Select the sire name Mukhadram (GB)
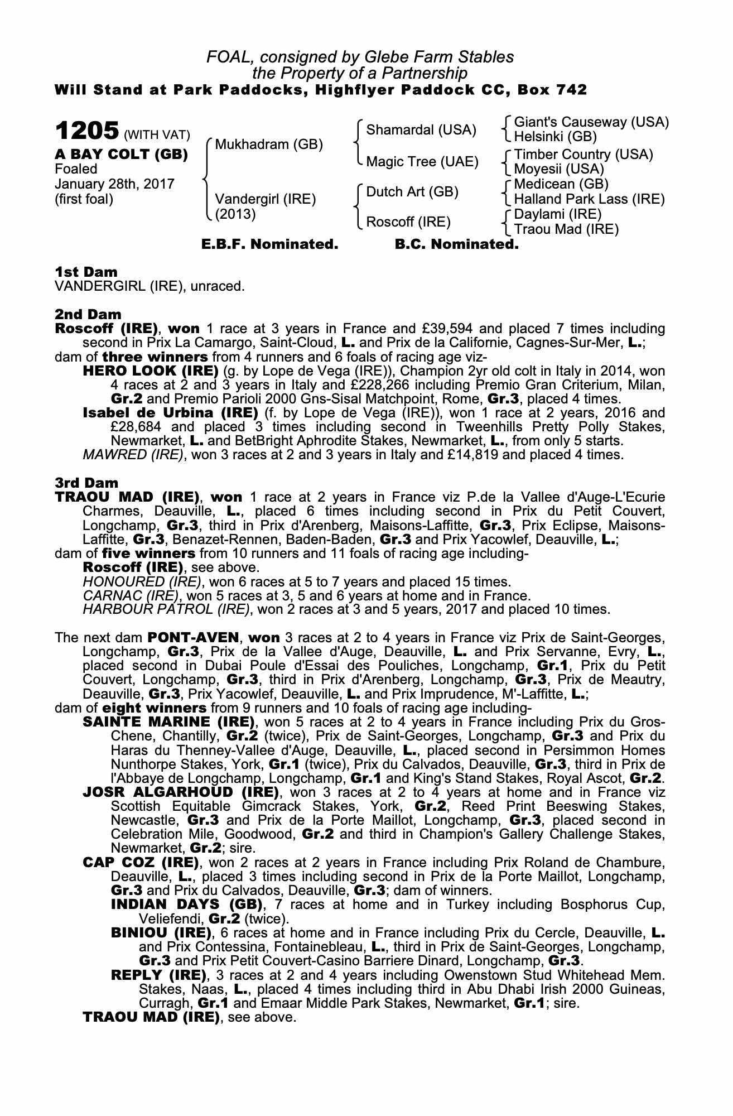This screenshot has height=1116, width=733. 269,145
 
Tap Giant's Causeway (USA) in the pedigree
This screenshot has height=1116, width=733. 591,122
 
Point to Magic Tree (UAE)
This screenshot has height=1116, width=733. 422,162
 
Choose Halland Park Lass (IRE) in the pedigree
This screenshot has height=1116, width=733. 589,199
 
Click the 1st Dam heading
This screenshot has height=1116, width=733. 86,272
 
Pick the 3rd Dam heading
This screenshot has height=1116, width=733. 86,483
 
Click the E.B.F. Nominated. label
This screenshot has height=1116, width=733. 269,244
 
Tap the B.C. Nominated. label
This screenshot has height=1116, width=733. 456,244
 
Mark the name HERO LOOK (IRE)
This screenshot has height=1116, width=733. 150,371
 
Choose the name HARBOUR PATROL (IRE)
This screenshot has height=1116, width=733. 166,609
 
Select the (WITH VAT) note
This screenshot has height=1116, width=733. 157,135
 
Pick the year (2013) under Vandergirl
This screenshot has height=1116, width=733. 235,215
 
